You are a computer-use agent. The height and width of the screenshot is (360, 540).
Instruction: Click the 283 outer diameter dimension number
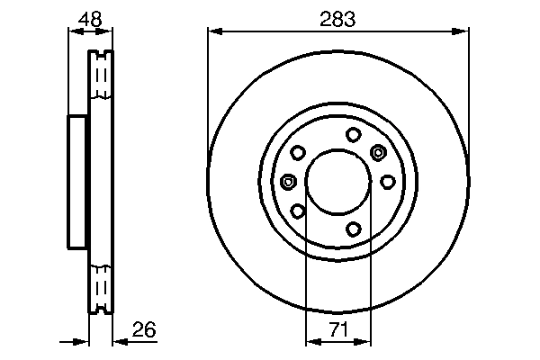tap(337, 16)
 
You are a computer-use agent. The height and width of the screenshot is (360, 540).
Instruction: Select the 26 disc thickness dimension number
tap(144, 330)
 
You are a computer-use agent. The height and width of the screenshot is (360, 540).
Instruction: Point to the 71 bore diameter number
tap(337, 329)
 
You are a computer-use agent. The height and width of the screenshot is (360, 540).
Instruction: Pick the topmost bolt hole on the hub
tap(353, 135)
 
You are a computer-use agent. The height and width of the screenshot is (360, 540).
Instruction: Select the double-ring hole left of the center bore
tap(288, 182)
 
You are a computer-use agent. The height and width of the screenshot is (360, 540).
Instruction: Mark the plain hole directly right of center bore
tap(387, 182)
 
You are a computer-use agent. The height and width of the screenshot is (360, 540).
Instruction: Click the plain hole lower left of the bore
tap(298, 211)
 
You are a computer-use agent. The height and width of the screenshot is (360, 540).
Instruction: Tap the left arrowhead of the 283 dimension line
tap(213, 31)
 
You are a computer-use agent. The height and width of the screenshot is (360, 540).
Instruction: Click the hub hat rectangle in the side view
tap(78, 182)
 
